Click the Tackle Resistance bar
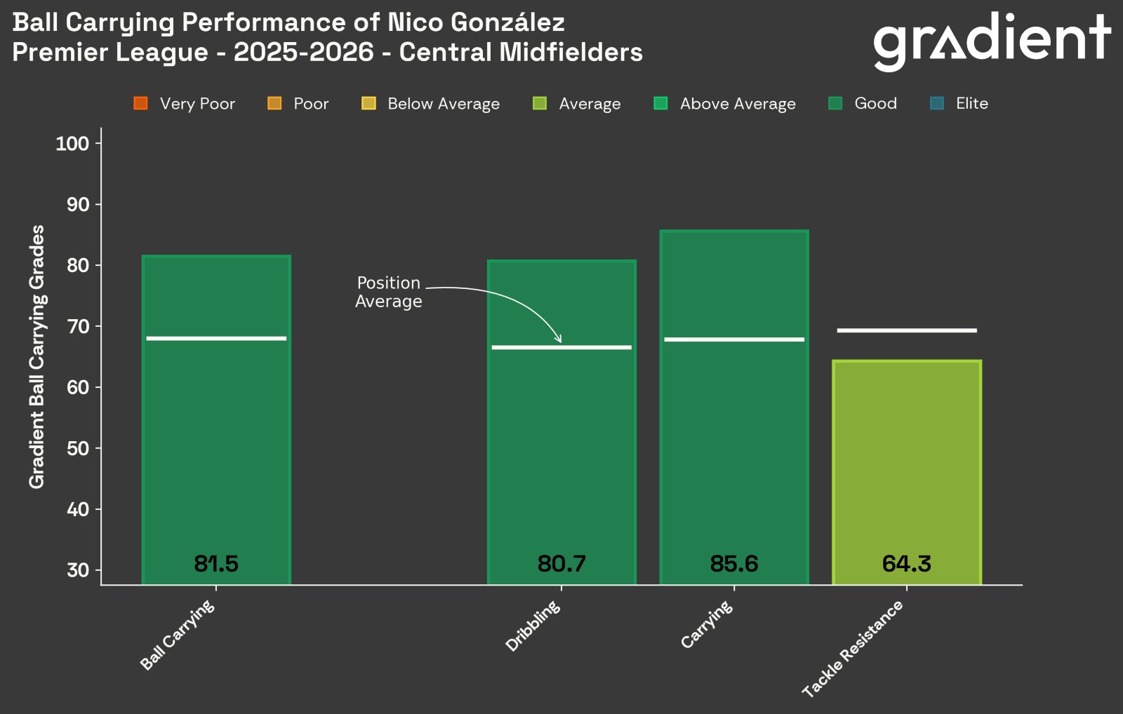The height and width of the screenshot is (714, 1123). pyautogui.click(x=906, y=470)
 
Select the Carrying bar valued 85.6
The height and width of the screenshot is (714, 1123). pyautogui.click(x=734, y=421)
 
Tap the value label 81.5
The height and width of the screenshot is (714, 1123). pyautogui.click(x=216, y=564)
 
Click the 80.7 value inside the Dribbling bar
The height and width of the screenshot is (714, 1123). pyautogui.click(x=561, y=564)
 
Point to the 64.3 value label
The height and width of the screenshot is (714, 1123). pyautogui.click(x=906, y=564)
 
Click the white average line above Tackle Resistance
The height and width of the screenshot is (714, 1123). pyautogui.click(x=906, y=330)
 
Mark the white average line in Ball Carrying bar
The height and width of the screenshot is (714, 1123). pyautogui.click(x=216, y=339)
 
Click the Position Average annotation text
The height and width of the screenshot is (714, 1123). pyautogui.click(x=388, y=292)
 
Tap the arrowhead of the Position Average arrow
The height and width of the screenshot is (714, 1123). pyautogui.click(x=559, y=341)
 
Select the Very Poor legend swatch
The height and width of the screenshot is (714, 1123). pyautogui.click(x=140, y=104)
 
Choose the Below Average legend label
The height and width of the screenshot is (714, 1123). pyautogui.click(x=443, y=104)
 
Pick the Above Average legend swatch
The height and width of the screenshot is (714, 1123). pyautogui.click(x=660, y=104)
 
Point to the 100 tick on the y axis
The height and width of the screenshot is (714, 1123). pyautogui.click(x=72, y=144)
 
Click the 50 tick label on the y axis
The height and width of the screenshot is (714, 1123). pyautogui.click(x=78, y=448)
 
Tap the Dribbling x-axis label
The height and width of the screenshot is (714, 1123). pyautogui.click(x=534, y=626)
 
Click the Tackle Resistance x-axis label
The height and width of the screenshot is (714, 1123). pyautogui.click(x=853, y=649)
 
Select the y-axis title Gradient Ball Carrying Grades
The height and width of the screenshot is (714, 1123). pyautogui.click(x=36, y=356)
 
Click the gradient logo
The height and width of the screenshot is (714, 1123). pyautogui.click(x=991, y=41)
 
